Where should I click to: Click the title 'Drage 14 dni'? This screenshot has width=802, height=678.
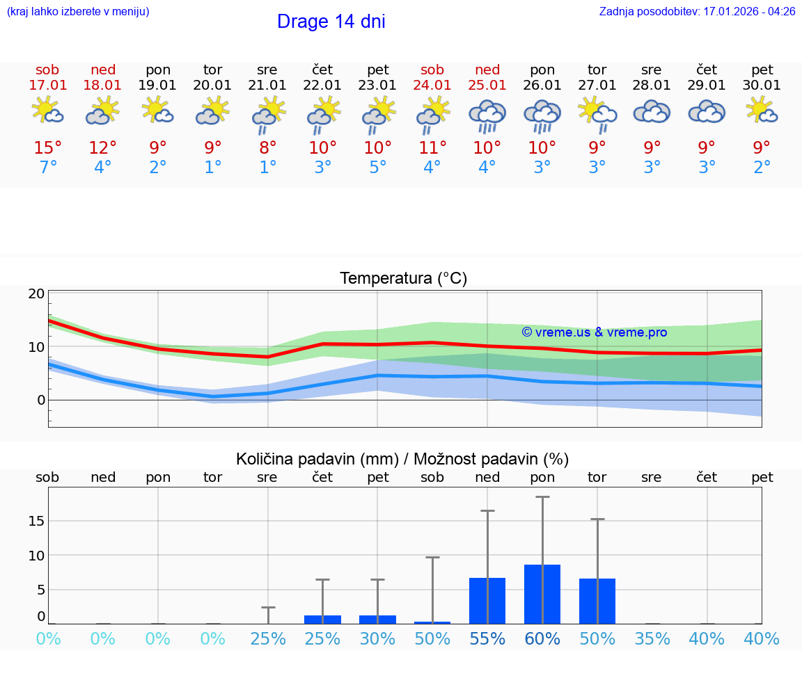point(331,22)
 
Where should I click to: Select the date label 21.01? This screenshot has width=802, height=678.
point(267,86)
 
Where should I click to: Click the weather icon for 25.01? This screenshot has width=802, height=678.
point(487,114)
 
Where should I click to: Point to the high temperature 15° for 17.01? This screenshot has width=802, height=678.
point(48,148)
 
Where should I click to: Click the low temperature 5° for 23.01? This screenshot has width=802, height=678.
point(378,168)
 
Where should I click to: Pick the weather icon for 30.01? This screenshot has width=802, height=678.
point(762,111)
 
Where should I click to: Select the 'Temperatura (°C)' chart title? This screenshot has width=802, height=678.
point(403,279)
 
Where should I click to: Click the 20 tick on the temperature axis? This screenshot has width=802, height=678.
point(36,294)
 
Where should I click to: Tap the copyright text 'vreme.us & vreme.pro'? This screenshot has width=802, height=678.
point(594,332)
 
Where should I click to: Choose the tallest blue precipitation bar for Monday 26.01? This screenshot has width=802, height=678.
point(542,594)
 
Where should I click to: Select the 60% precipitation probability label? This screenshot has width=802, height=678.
point(542,639)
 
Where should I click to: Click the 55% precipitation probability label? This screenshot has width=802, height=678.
point(487,639)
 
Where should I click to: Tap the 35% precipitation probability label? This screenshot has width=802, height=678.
point(652,639)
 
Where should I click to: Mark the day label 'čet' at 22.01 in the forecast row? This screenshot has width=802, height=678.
point(322,70)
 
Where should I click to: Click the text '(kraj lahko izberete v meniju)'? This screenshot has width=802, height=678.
point(78,12)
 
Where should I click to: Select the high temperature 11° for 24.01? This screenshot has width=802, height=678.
point(432,148)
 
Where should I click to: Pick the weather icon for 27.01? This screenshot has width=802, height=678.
point(597,113)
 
